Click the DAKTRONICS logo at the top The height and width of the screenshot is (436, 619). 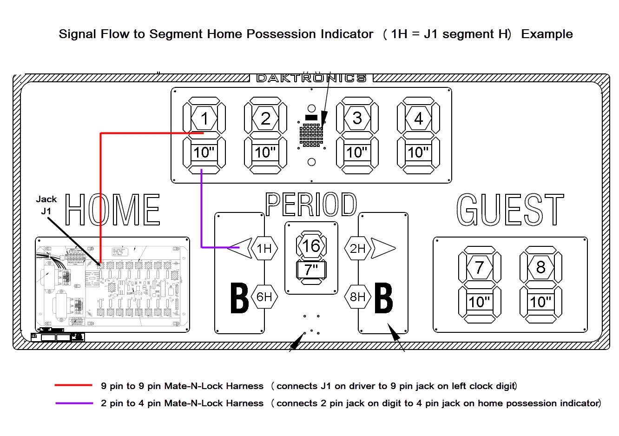coord(311,78)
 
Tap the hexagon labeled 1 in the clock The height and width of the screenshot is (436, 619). coord(204,119)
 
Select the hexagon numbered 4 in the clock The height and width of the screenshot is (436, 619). coord(418,119)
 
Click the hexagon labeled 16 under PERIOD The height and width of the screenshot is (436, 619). coord(311,246)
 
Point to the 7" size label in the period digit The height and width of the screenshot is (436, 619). coord(311,269)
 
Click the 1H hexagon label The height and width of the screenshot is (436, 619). coord(264,249)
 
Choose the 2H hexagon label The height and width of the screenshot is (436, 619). coord(358,249)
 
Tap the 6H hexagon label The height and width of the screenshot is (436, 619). coord(264,297)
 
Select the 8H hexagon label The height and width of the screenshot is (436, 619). coord(358,297)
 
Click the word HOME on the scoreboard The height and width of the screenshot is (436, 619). coord(112,210)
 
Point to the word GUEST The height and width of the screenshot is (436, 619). coord(510,210)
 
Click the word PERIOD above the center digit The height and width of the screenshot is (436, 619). coord(311,205)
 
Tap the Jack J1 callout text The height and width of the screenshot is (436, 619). coord(46,205)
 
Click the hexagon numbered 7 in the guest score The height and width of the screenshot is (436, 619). coord(480,267)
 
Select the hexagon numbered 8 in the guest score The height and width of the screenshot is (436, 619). coord(540,267)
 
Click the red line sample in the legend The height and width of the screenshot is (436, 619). coord(73,385)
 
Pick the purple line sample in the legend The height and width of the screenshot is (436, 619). coord(73,403)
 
